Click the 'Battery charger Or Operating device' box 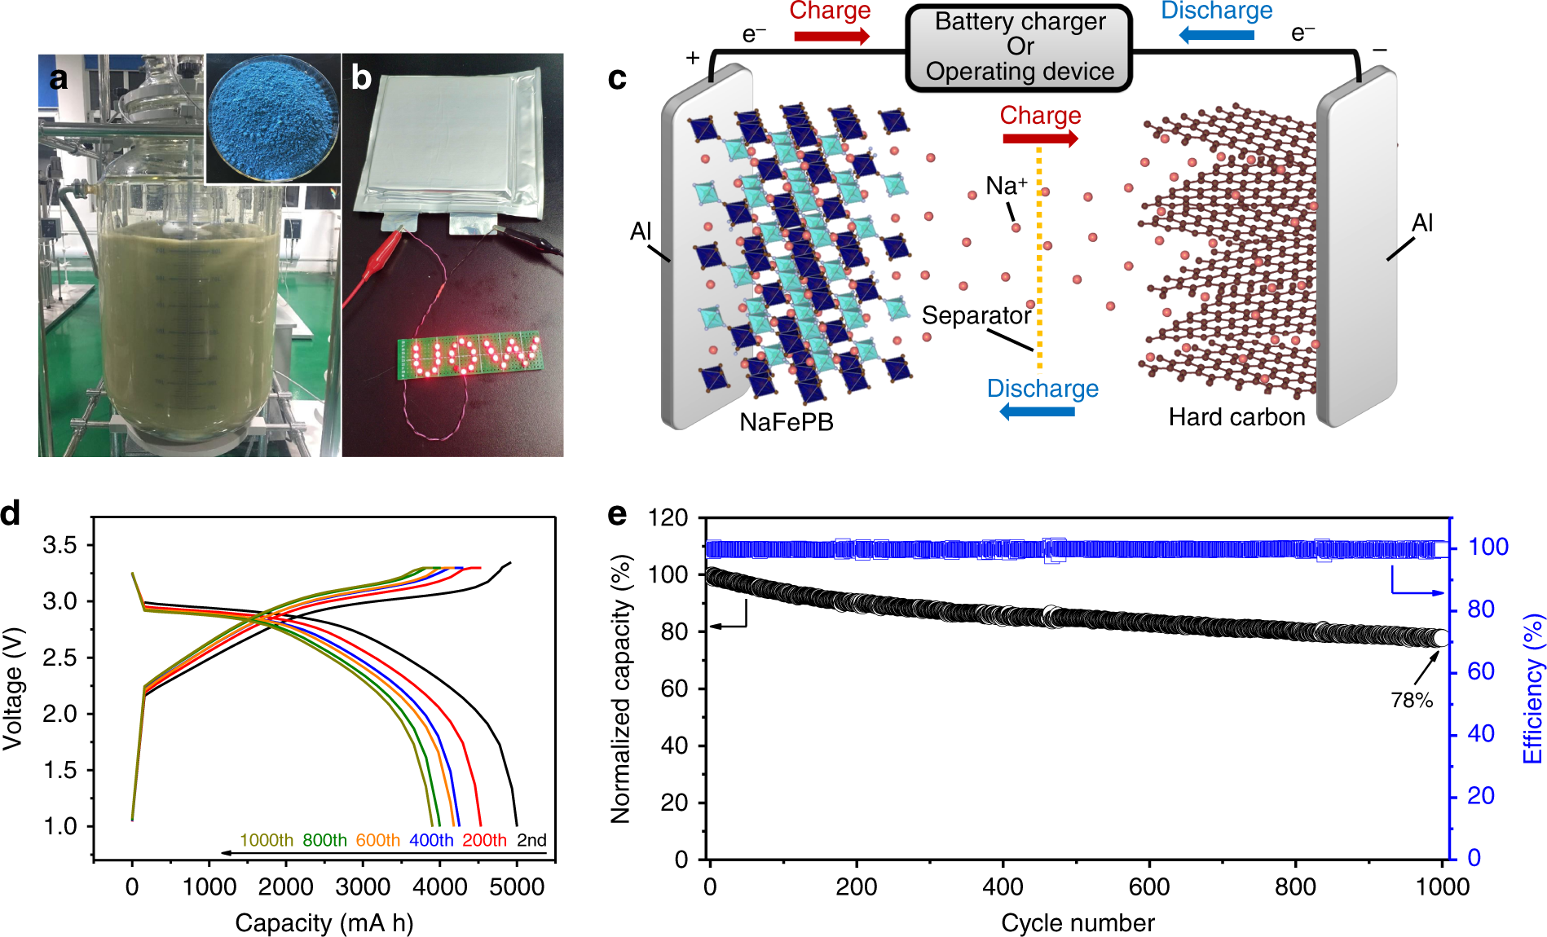pyautogui.click(x=1019, y=47)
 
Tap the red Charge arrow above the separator pyautogui.click(x=1040, y=139)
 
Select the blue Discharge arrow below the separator pyautogui.click(x=1037, y=411)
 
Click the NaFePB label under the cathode pyautogui.click(x=787, y=422)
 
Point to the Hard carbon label pyautogui.click(x=1236, y=417)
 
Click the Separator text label pyautogui.click(x=976, y=315)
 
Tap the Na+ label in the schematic pyautogui.click(x=1006, y=186)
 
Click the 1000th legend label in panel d pyautogui.click(x=267, y=840)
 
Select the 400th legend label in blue pyautogui.click(x=431, y=840)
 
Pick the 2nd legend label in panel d pyautogui.click(x=531, y=840)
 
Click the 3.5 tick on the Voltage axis pyautogui.click(x=59, y=544)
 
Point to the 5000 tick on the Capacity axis pyautogui.click(x=517, y=886)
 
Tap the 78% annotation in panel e pyautogui.click(x=1412, y=700)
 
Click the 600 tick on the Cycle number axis pyautogui.click(x=1149, y=886)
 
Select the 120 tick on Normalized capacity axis pyautogui.click(x=668, y=518)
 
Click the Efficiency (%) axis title pyautogui.click(x=1533, y=688)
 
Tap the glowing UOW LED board pyautogui.click(x=469, y=357)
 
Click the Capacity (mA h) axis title pyautogui.click(x=324, y=923)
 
